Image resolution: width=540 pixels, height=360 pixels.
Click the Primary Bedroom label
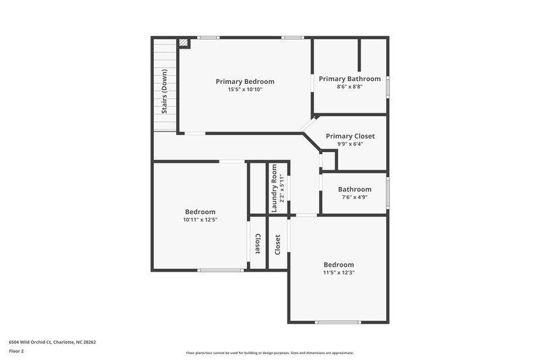pyautogui.click(x=245, y=82)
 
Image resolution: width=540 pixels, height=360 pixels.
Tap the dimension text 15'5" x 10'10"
pyautogui.click(x=245, y=90)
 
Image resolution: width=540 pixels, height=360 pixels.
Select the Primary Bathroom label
pyautogui.click(x=350, y=79)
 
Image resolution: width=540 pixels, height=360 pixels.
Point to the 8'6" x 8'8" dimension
pyautogui.click(x=350, y=87)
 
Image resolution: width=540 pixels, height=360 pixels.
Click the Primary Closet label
pyautogui.click(x=350, y=136)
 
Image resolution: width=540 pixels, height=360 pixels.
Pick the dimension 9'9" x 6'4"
pyautogui.click(x=350, y=144)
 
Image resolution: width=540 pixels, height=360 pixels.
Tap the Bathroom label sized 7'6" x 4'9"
pyautogui.click(x=354, y=190)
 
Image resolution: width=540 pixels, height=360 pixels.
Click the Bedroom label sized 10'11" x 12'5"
pyautogui.click(x=200, y=212)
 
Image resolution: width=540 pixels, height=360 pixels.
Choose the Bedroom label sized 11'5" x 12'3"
pyautogui.click(x=338, y=265)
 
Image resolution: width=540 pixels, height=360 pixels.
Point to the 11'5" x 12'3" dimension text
pyautogui.click(x=338, y=273)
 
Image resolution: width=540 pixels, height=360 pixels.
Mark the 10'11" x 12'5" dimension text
pyautogui.click(x=200, y=220)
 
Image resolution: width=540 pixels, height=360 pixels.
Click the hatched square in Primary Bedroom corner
pyautogui.click(x=184, y=43)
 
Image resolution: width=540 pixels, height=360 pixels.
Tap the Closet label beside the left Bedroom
pyautogui.click(x=258, y=244)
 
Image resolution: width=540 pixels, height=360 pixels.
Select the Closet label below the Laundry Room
pyautogui.click(x=277, y=244)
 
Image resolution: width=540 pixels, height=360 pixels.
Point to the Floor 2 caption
pyautogui.click(x=16, y=351)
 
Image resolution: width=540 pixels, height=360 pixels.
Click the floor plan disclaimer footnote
pyautogui.click(x=270, y=353)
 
